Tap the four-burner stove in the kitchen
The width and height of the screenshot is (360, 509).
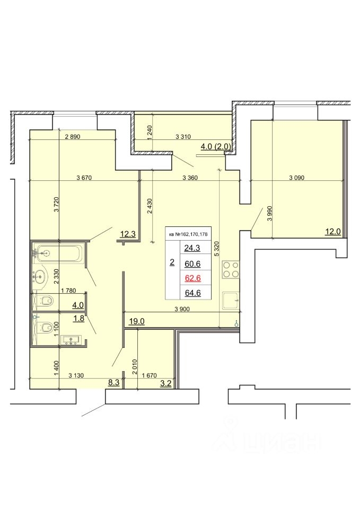[231, 270]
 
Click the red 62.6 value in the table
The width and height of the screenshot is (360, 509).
[193, 278]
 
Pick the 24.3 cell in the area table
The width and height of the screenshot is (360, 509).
[192, 248]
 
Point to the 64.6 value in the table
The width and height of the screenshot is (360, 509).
[193, 293]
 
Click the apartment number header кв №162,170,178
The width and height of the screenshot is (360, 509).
[189, 234]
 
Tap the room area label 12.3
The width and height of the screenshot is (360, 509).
[128, 234]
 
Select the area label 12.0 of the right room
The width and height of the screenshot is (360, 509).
[333, 232]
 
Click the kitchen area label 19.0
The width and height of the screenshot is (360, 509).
[137, 321]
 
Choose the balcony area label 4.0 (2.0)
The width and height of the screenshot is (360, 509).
[216, 146]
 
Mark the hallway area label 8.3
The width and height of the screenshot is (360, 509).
[113, 382]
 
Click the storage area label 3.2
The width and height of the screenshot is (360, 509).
[165, 383]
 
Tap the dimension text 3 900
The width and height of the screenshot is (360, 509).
[182, 309]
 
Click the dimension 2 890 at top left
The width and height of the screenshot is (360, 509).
[73, 137]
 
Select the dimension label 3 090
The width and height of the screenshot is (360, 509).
[297, 178]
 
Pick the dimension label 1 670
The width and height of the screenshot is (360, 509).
[150, 375]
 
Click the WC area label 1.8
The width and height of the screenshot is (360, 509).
[79, 318]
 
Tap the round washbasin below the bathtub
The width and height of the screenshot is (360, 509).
[41, 277]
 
